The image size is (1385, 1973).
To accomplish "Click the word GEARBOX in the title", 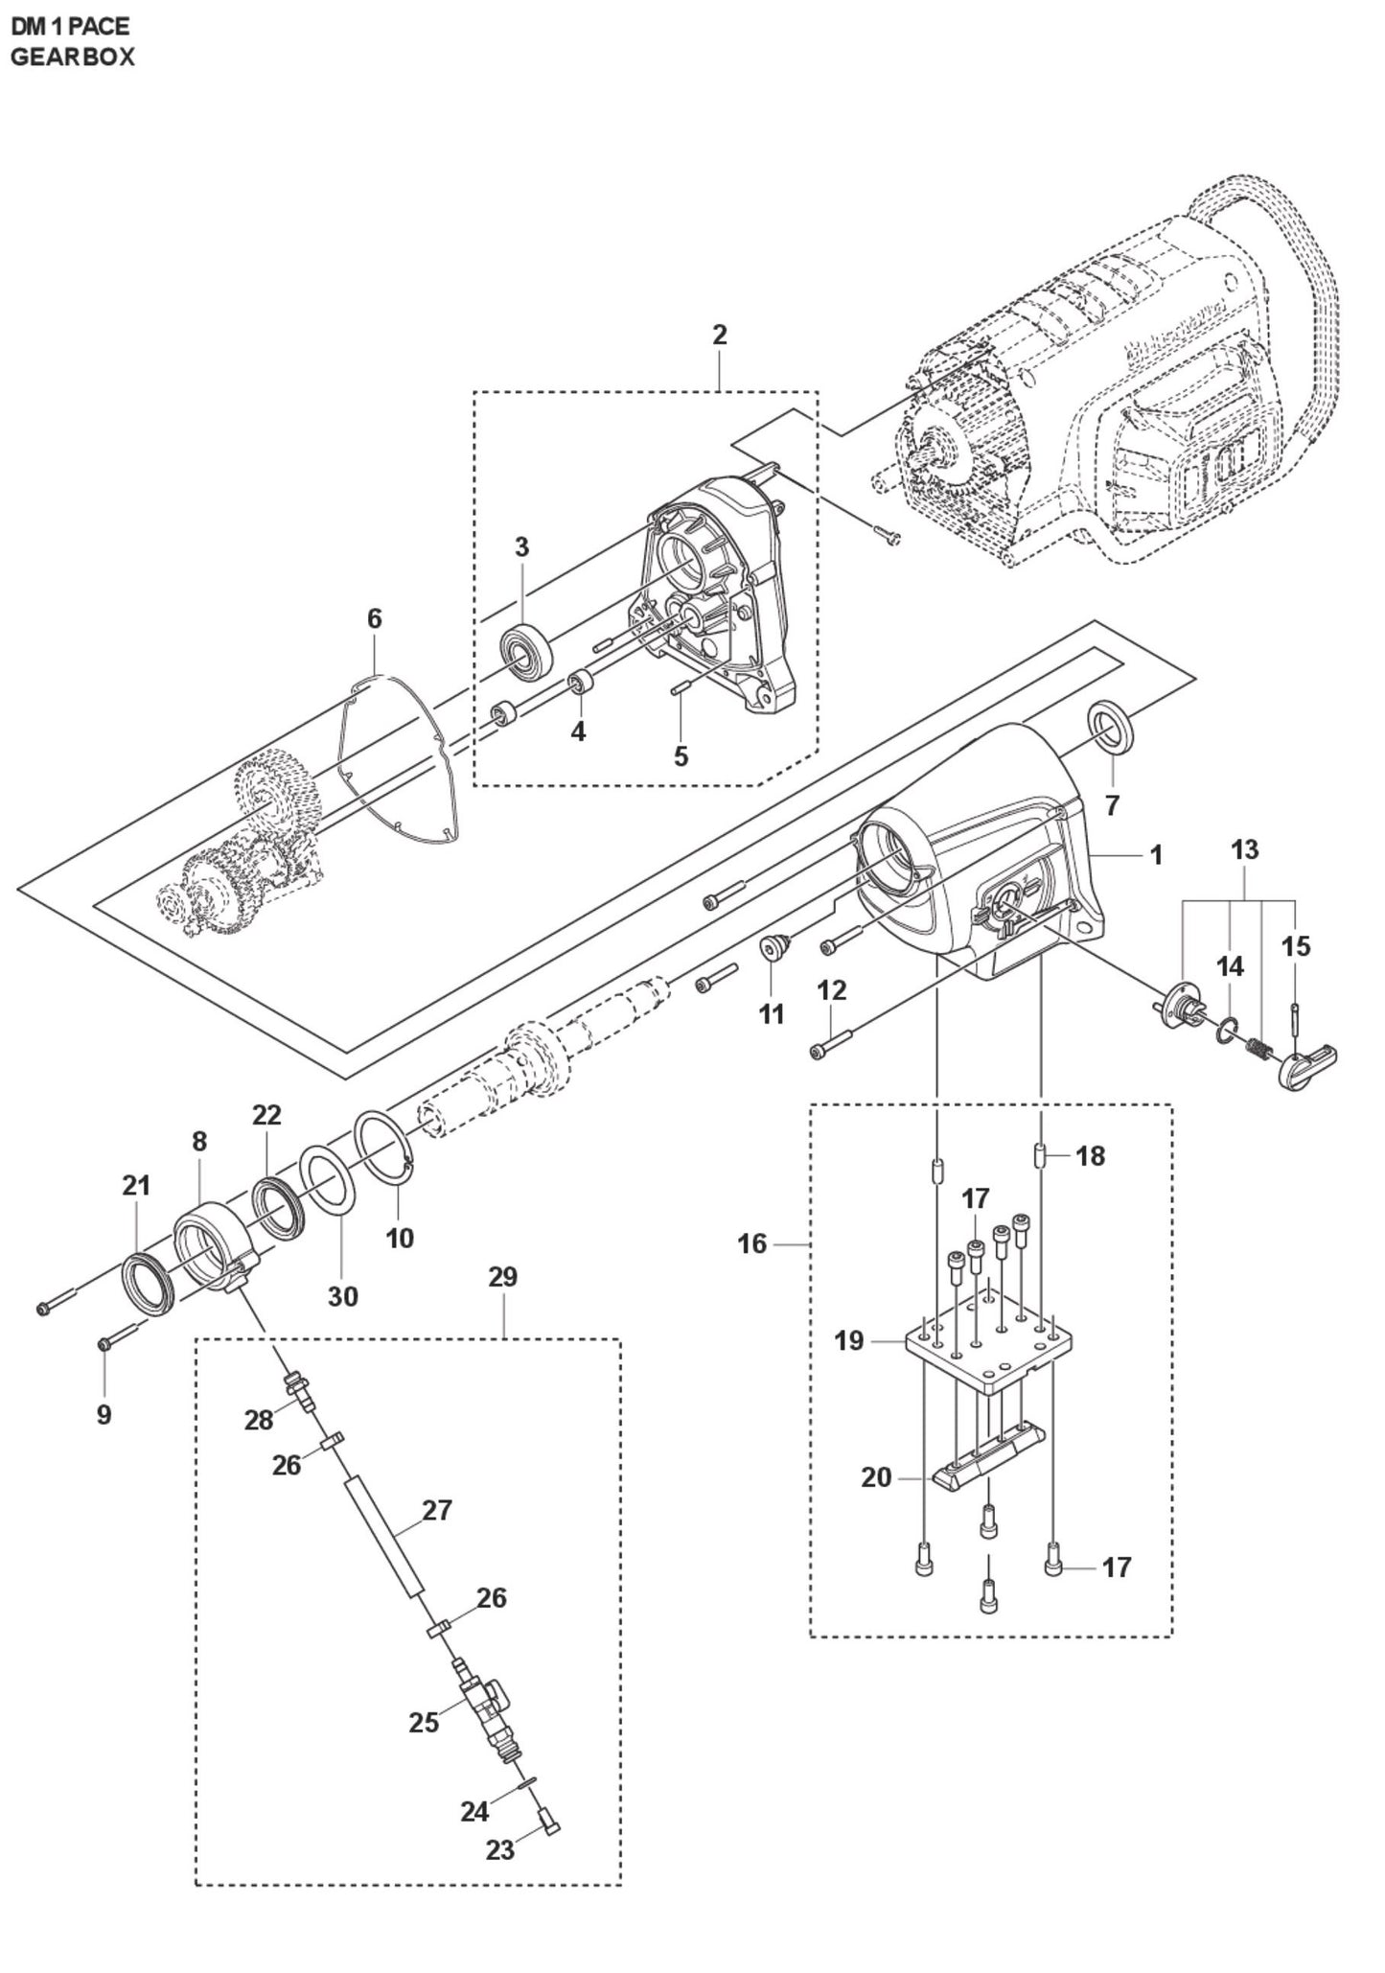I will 73,57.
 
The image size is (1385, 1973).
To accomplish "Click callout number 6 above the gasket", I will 374,619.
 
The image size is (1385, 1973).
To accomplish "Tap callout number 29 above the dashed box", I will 502,1277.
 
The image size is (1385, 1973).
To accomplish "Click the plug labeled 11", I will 772,947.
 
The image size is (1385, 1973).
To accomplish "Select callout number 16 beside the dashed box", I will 752,1243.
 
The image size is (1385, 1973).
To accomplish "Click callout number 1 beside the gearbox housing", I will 1156,854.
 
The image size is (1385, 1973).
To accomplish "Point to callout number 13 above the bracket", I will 1244,849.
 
